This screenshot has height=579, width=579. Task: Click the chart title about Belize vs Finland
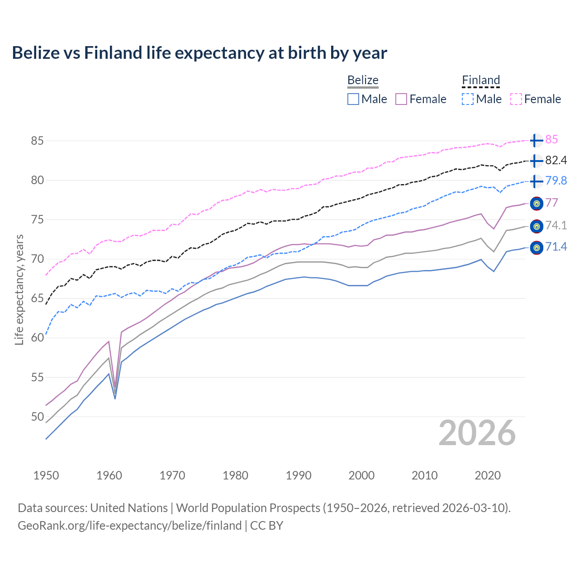[x=199, y=53]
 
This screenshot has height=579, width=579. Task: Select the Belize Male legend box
[x=353, y=99]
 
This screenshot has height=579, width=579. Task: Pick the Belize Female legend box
[x=402, y=99]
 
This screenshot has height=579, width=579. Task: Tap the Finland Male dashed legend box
[x=468, y=99]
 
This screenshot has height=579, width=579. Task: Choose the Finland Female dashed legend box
[x=516, y=99]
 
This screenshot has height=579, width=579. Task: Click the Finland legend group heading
[x=481, y=81]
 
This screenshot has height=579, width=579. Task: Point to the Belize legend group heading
[x=363, y=81]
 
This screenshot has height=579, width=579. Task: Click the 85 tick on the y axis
[x=37, y=141]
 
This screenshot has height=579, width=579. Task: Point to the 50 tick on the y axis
[x=37, y=417]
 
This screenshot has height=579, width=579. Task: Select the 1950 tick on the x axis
[x=46, y=475]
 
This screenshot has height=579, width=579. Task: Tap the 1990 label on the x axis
[x=299, y=475]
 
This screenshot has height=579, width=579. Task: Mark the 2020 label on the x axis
[x=488, y=475]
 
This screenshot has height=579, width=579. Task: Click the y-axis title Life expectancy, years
[x=19, y=289]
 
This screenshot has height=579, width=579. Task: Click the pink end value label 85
[x=551, y=140]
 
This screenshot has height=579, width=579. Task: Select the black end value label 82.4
[x=556, y=161]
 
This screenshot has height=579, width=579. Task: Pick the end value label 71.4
[x=556, y=247]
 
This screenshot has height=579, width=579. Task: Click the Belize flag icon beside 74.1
[x=536, y=226]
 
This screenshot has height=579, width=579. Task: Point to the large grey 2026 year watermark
[x=477, y=433]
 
